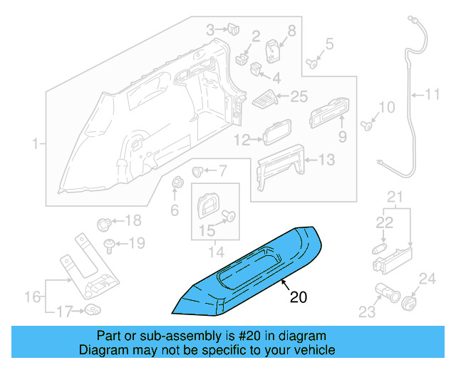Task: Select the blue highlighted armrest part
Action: (249, 271)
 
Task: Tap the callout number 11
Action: (433, 93)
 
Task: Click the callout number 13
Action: (325, 160)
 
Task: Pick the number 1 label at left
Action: (33, 145)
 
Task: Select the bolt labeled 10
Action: (367, 126)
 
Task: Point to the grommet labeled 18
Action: (103, 222)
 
